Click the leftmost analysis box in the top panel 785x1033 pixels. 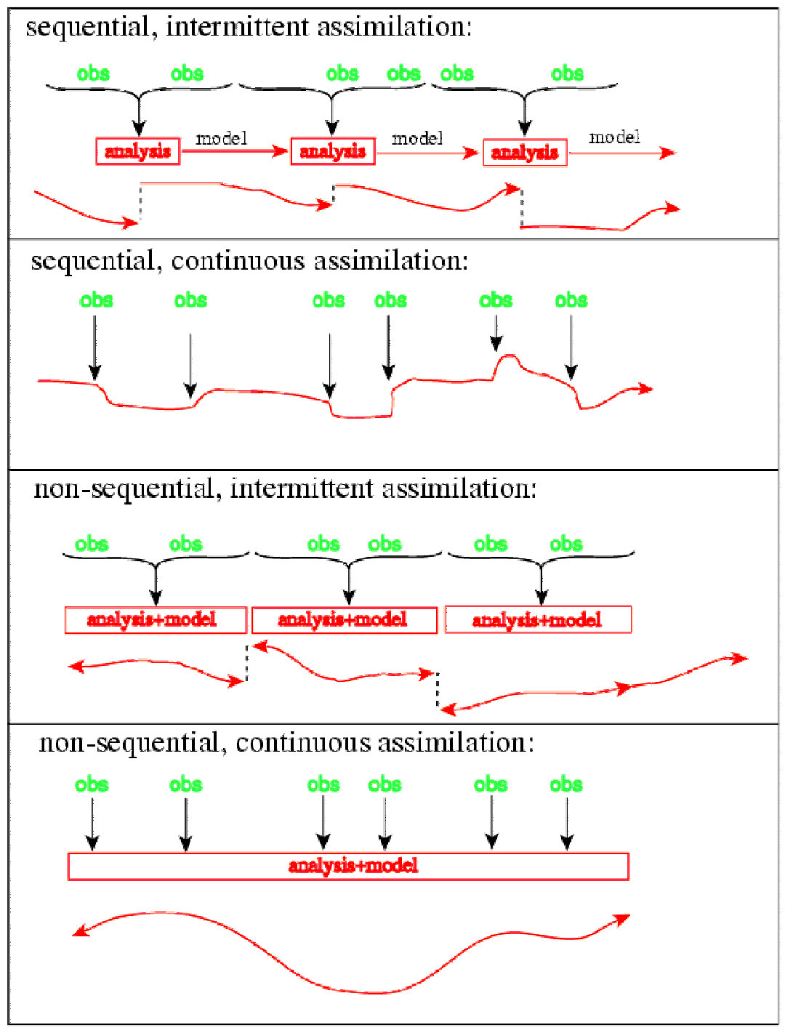pos(137,151)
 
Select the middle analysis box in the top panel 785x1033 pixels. pos(333,151)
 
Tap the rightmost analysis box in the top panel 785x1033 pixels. pos(525,153)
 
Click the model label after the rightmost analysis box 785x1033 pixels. pos(614,137)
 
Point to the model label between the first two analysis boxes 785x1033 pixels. pos(221,138)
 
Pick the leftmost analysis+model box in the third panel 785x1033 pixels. pos(156,619)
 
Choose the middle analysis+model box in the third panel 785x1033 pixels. pos(344,619)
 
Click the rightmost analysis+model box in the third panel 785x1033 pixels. pos(538,619)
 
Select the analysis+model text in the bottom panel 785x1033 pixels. pos(353,866)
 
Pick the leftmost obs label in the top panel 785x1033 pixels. pos(93,73)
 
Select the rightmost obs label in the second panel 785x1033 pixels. pos(571,300)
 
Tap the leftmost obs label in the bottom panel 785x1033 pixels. pos(92,784)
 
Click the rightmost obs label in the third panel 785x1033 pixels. pos(566,544)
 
